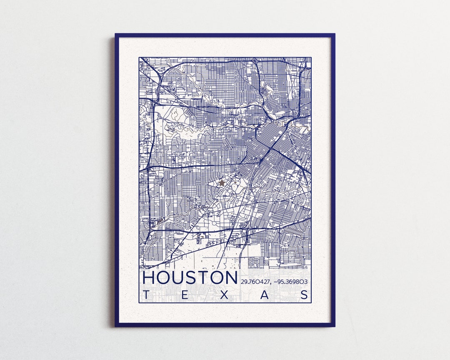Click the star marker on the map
click(222, 182)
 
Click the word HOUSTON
click(190, 278)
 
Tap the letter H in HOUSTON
click(149, 278)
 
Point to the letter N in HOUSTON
click(230, 278)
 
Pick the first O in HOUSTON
click(164, 278)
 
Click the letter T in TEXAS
click(145, 295)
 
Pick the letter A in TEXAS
click(265, 295)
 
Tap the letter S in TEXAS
click(305, 295)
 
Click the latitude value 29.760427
click(255, 282)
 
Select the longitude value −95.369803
click(291, 282)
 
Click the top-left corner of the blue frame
click(116, 35)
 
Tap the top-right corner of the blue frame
click(334, 35)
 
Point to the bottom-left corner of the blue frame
click(116, 325)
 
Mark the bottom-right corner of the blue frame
click(334, 325)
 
